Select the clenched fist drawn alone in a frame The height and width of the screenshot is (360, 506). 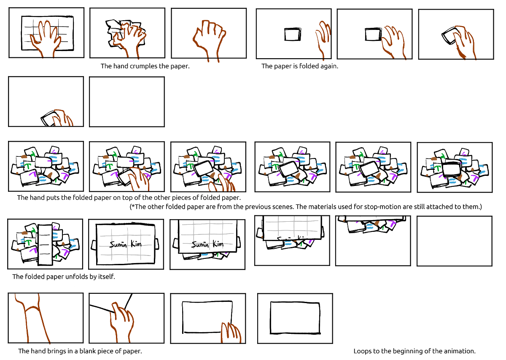(x=209, y=40)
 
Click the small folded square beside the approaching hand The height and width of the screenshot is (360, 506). (x=293, y=34)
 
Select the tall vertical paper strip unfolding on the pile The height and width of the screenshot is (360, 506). (x=45, y=244)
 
